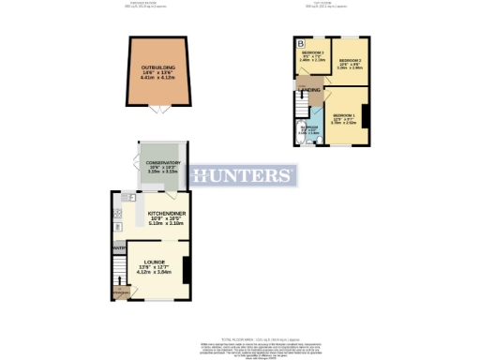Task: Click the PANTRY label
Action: (x=119, y=247)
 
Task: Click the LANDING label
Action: (x=311, y=90)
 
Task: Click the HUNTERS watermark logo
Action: (x=242, y=176)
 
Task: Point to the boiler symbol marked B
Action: (x=301, y=44)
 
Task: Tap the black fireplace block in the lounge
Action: (x=186, y=269)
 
